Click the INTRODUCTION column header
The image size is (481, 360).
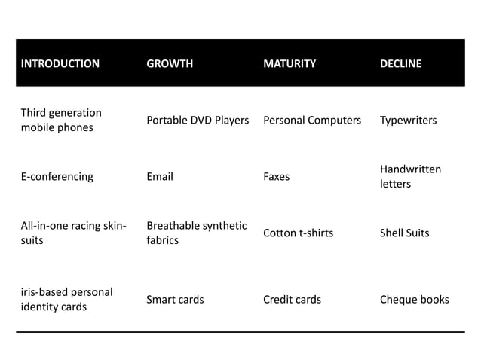60,63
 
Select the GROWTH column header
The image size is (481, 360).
170,63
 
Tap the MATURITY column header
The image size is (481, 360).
290,63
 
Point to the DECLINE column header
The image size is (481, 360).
400,63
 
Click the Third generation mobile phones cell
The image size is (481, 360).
61,120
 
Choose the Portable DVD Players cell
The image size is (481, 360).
198,120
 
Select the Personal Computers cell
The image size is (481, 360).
312,120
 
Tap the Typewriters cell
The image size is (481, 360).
408,120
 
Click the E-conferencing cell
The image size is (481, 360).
57,177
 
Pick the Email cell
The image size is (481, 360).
160,177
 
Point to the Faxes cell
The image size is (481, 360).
276,177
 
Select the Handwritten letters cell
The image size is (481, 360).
410,177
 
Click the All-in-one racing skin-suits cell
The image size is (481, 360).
72,233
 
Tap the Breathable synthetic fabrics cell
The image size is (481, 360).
196,233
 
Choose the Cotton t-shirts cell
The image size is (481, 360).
298,233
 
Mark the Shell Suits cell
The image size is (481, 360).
404,233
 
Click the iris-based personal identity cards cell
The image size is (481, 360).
66,299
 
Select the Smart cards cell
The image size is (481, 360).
175,299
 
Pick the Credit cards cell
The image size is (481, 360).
292,299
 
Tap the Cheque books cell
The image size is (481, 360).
414,299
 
